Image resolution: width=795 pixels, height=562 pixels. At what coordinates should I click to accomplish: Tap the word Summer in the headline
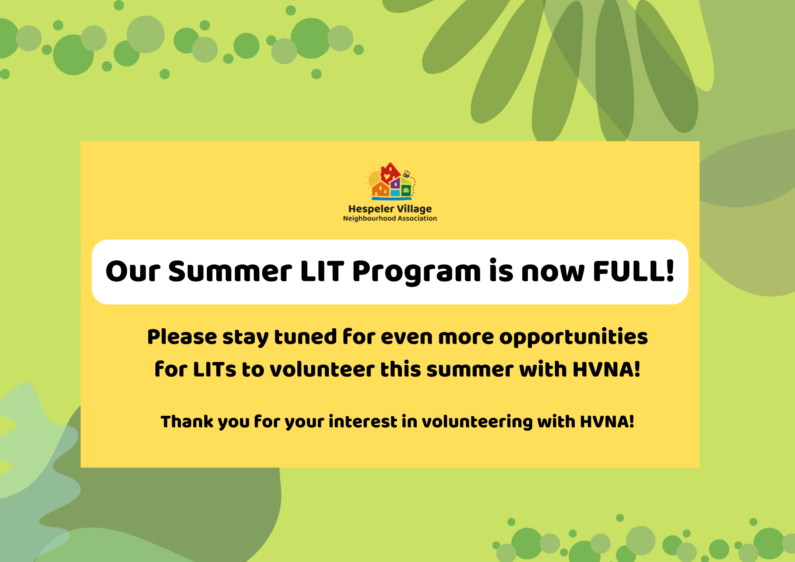point(230,271)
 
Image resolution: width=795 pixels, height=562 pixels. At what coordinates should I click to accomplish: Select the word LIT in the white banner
point(322,271)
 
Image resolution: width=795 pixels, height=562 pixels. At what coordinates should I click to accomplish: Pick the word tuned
point(306,337)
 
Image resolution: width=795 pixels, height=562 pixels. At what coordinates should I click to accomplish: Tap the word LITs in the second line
point(215,369)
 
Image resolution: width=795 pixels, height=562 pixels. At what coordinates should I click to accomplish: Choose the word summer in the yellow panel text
point(470,370)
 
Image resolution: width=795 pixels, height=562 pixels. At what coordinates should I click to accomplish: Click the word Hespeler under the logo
point(371,209)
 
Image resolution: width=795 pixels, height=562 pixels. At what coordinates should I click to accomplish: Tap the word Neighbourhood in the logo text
point(370,219)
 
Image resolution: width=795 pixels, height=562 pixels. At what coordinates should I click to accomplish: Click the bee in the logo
point(406,174)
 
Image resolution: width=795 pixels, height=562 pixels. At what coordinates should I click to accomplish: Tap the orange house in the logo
point(380,190)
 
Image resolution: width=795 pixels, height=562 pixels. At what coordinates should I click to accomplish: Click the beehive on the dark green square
point(406,191)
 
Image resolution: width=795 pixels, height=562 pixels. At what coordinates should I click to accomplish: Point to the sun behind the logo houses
point(374,179)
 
